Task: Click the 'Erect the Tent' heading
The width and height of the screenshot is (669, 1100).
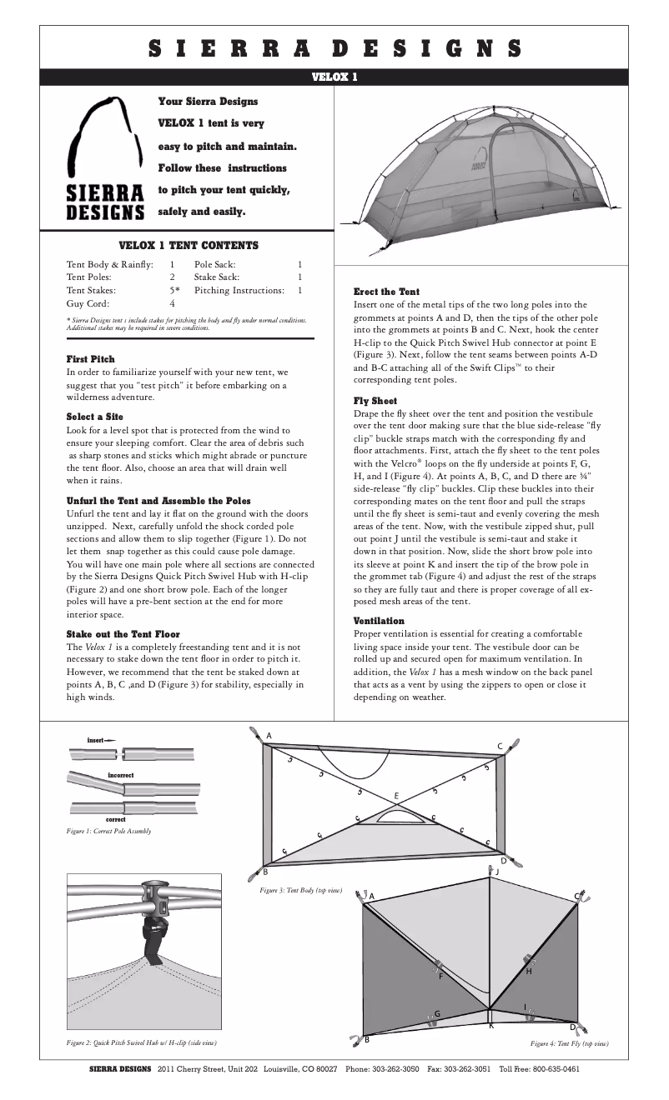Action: tap(386, 292)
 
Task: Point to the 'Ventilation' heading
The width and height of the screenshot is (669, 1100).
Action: tap(379, 621)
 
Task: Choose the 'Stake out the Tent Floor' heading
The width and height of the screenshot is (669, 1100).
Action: tap(123, 634)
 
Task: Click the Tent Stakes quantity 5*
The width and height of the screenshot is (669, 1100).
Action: tap(174, 290)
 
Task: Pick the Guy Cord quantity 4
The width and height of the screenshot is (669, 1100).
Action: tap(172, 304)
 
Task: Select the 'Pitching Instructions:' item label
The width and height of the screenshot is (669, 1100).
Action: tap(239, 290)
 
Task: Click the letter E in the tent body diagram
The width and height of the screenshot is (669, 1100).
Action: tap(396, 797)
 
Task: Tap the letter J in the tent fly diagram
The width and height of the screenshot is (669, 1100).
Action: tap(497, 872)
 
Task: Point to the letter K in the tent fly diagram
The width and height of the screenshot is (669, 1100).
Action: tap(491, 1025)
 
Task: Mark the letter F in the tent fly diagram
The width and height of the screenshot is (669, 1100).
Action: tap(440, 976)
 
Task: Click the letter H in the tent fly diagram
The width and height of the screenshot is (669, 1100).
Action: tap(528, 972)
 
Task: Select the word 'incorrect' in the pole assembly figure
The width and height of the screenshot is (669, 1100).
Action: tap(120, 775)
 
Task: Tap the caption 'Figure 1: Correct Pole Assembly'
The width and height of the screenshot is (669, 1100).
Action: tap(108, 832)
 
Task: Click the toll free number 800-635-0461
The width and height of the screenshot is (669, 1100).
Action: tap(551, 1069)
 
